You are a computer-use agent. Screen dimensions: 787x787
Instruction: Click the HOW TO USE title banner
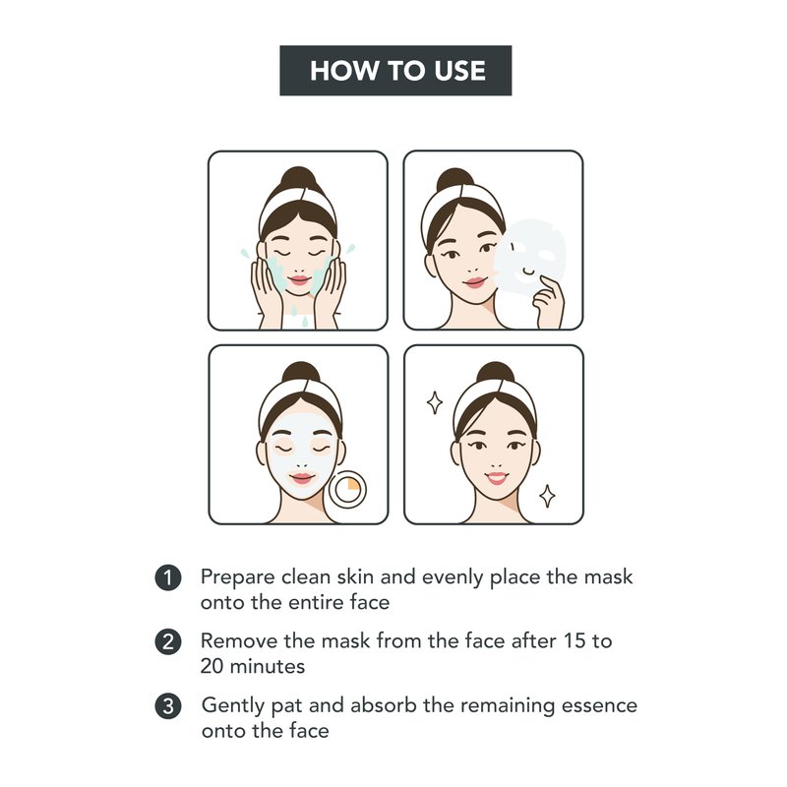tap(395, 70)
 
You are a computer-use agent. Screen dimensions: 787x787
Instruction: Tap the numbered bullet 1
tap(168, 577)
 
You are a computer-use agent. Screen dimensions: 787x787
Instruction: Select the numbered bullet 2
tap(168, 642)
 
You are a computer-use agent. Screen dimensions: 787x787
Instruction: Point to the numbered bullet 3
tap(168, 706)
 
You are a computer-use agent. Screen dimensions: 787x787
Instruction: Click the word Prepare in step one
tap(238, 578)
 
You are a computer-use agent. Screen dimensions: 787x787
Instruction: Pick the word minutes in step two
tap(267, 667)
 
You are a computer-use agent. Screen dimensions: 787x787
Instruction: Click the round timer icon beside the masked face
tap(348, 489)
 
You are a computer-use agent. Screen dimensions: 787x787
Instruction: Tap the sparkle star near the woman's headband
tap(435, 402)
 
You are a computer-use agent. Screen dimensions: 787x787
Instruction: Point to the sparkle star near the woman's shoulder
tap(547, 496)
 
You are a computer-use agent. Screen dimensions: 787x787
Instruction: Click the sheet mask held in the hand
tap(529, 256)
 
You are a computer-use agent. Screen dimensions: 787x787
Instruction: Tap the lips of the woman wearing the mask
tap(302, 478)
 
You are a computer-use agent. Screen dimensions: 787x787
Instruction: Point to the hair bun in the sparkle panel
tap(496, 373)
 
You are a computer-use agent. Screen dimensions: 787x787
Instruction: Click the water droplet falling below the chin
tap(305, 322)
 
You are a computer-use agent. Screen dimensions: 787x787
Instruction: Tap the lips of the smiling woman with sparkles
tap(497, 477)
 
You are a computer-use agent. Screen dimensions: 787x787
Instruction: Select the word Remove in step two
tap(239, 641)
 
